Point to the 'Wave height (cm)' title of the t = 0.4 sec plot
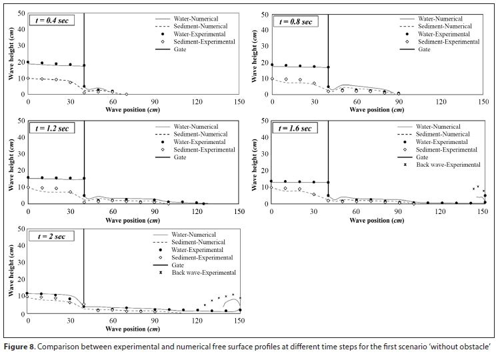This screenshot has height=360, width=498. click(x=11, y=54)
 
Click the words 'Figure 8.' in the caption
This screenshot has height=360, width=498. click(x=21, y=346)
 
